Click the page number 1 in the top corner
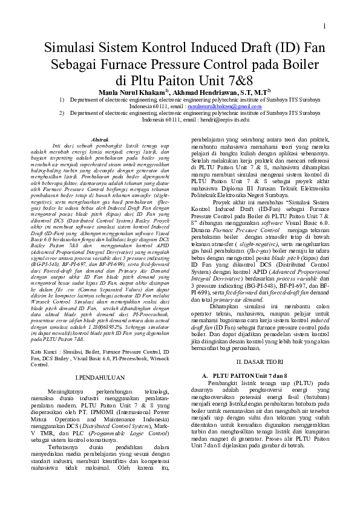point(325,26)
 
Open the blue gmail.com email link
point(224,106)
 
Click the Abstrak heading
point(99,139)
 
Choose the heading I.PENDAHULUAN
point(99,378)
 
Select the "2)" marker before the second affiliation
point(62,112)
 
